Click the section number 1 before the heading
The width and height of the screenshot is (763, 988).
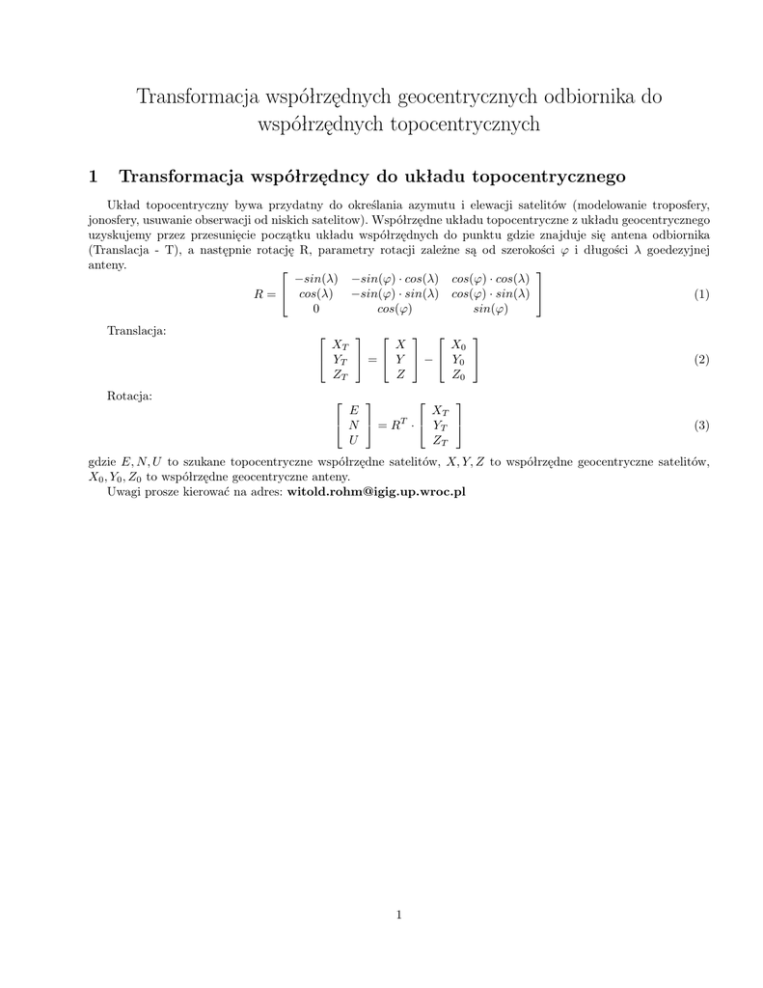click(x=94, y=176)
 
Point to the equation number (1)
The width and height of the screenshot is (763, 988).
click(x=701, y=294)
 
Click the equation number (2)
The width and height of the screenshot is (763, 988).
click(x=701, y=360)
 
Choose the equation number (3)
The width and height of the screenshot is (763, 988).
click(x=701, y=425)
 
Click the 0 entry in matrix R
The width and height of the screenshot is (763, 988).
click(x=315, y=310)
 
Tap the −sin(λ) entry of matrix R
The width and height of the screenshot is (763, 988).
click(x=315, y=278)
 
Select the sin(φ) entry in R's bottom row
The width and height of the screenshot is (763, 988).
click(x=490, y=310)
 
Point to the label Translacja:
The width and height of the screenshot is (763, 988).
click(x=136, y=331)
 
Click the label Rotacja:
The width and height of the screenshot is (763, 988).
click(x=129, y=396)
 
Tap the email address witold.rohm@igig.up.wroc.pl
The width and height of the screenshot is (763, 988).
click(x=376, y=492)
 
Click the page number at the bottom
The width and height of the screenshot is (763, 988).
click(x=398, y=915)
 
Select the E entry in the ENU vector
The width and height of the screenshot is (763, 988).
click(x=354, y=410)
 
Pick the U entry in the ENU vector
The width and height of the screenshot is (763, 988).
click(x=354, y=441)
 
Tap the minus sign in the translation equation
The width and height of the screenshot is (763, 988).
click(x=426, y=360)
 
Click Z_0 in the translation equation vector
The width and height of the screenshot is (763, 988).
click(x=458, y=375)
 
